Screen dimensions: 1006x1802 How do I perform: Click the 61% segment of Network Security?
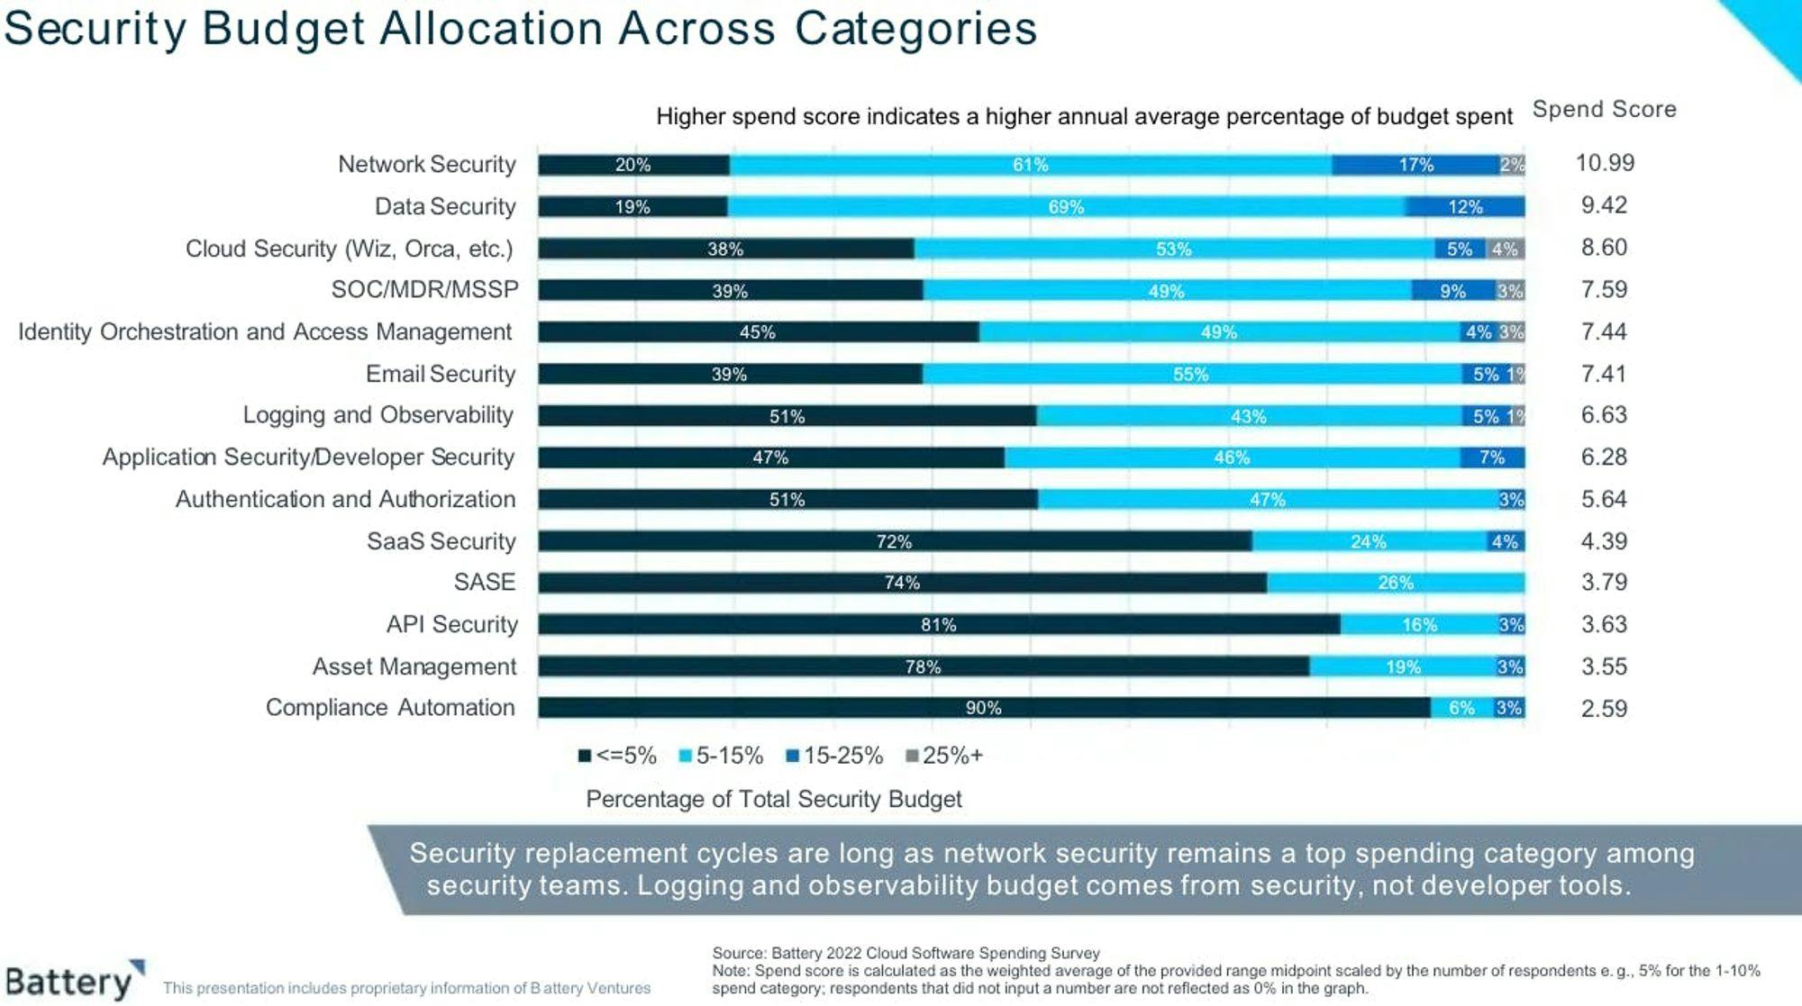(1030, 165)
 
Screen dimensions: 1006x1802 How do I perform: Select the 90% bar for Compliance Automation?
(984, 708)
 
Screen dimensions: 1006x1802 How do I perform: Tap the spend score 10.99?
(1605, 163)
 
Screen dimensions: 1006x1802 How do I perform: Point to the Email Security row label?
(441, 374)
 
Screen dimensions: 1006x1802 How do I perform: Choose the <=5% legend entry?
(618, 756)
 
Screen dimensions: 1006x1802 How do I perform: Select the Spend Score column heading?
(1605, 109)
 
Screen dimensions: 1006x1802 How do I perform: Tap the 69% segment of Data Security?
(1066, 207)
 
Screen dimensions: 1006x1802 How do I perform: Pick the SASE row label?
(485, 582)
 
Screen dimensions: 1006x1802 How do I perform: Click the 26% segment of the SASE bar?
(1396, 583)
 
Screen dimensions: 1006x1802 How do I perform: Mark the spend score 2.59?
(1605, 709)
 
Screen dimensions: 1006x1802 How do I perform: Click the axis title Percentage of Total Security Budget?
(774, 799)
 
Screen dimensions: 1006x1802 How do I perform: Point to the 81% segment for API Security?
(939, 625)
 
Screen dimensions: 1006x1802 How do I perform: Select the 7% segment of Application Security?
(1492, 458)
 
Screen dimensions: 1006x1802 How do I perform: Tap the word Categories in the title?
(915, 28)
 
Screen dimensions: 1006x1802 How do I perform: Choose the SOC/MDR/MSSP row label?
(425, 289)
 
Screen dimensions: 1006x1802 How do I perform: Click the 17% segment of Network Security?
(1415, 165)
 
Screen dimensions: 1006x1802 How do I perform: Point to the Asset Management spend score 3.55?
(1605, 666)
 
